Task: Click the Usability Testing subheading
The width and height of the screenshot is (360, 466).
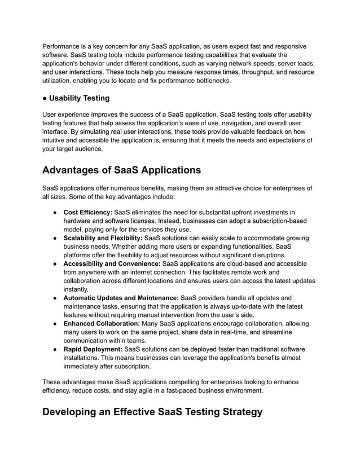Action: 79,98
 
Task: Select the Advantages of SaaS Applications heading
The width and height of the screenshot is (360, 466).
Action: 121,170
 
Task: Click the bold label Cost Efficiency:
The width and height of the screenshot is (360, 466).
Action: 87,212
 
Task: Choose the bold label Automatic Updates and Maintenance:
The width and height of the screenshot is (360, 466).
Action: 121,298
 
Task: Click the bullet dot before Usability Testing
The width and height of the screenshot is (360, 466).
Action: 45,98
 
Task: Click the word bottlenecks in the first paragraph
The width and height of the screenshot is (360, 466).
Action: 212,81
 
